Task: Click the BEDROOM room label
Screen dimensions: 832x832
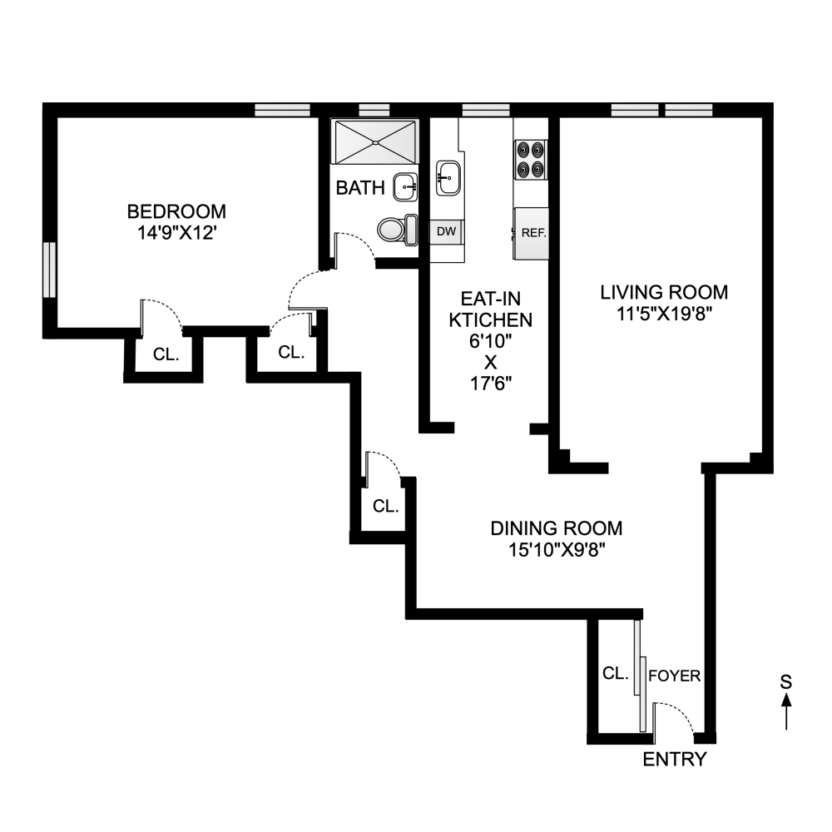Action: pyautogui.click(x=176, y=211)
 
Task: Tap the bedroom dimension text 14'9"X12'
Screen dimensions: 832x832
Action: pyautogui.click(x=176, y=233)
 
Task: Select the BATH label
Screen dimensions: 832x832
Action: pyautogui.click(x=360, y=188)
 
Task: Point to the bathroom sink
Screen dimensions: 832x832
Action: pyautogui.click(x=406, y=186)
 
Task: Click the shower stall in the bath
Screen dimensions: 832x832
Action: pyautogui.click(x=375, y=141)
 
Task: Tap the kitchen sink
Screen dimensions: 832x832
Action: pyautogui.click(x=448, y=178)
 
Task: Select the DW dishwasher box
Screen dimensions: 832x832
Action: pyautogui.click(x=447, y=232)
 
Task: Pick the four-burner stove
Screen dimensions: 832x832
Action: pyautogui.click(x=531, y=159)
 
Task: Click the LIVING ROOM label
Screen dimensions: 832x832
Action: pyautogui.click(x=664, y=292)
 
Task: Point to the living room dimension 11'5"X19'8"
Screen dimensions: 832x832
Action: pyautogui.click(x=664, y=314)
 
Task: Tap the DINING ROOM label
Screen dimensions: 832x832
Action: pyautogui.click(x=556, y=528)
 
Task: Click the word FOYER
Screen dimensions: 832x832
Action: pyautogui.click(x=675, y=676)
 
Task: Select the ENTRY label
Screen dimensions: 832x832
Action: pyautogui.click(x=675, y=760)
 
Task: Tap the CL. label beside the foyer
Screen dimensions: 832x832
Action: pyautogui.click(x=616, y=674)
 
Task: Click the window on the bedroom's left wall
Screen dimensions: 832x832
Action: pyautogui.click(x=49, y=270)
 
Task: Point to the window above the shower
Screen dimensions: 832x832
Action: pyautogui.click(x=374, y=110)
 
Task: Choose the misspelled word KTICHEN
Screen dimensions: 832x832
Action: pyautogui.click(x=490, y=320)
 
